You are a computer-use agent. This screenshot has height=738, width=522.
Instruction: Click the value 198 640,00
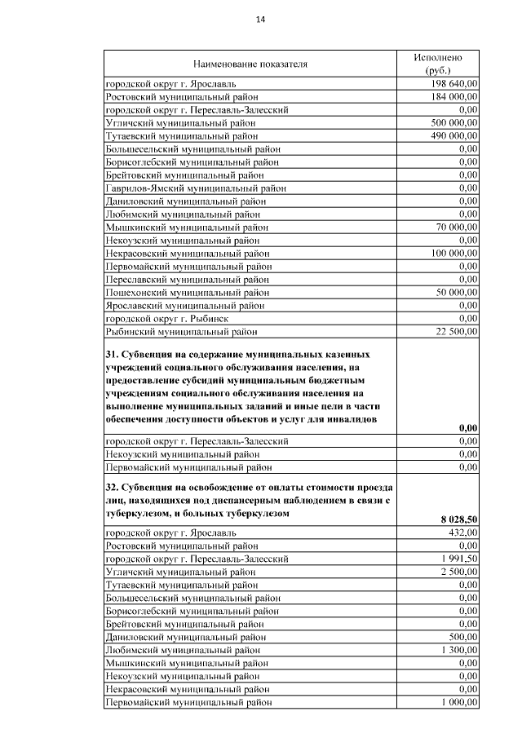[453, 83]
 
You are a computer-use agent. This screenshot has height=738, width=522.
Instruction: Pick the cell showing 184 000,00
[453, 96]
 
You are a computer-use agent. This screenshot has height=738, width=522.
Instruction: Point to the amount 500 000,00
[453, 122]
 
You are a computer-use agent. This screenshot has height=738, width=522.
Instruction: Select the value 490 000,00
[453, 135]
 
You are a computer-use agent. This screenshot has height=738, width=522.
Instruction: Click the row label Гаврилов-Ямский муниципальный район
[196, 188]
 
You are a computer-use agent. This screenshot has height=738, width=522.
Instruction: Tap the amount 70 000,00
[457, 227]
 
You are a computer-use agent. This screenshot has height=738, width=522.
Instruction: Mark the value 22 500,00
[457, 331]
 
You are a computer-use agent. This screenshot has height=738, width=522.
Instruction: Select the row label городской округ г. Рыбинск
[166, 318]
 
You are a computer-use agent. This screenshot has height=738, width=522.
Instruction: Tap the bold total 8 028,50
[458, 519]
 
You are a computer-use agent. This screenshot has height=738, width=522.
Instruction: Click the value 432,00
[462, 532]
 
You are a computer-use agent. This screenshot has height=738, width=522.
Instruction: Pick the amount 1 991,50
[458, 558]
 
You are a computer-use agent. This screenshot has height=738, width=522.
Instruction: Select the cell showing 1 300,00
[458, 649]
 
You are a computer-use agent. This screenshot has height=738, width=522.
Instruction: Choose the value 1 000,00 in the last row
[458, 701]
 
